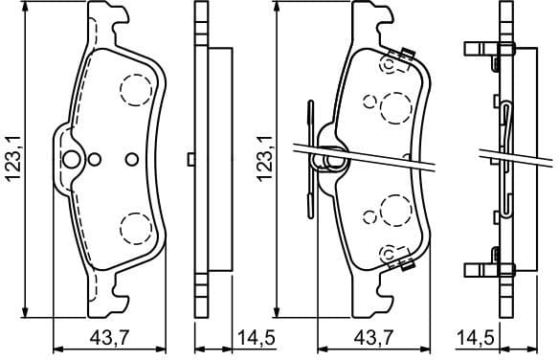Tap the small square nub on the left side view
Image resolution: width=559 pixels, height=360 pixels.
coord(193,159)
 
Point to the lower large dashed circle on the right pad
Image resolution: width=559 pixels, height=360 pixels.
coord(393,208)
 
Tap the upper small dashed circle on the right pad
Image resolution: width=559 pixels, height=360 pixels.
coord(370,99)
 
